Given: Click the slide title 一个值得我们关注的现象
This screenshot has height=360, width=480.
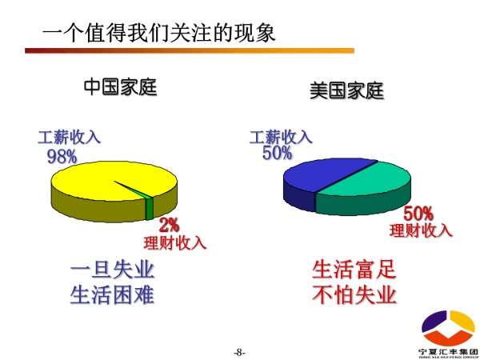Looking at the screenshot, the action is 159,32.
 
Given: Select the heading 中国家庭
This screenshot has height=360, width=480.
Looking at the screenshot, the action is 120,87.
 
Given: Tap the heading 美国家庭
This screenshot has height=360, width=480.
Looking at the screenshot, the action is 347,90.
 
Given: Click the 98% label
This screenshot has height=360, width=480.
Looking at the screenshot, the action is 62,156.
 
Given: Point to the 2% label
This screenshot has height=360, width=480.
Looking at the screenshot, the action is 170,226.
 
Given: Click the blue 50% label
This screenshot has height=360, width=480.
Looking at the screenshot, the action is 277,153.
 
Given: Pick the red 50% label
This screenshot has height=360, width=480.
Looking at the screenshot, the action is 418,214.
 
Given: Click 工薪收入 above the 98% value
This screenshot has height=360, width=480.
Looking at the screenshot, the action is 69,138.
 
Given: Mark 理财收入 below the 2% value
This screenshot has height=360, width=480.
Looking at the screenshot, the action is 175,243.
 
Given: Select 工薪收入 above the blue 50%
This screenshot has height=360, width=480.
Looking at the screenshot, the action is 281,137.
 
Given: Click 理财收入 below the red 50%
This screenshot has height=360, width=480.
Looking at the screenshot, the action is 421,230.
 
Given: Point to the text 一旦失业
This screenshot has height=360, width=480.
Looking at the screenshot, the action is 112,270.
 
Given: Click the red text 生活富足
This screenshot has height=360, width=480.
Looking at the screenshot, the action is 354,270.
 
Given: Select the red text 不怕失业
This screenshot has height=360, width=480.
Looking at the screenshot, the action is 354,294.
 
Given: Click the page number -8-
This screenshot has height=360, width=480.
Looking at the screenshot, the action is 240,352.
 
